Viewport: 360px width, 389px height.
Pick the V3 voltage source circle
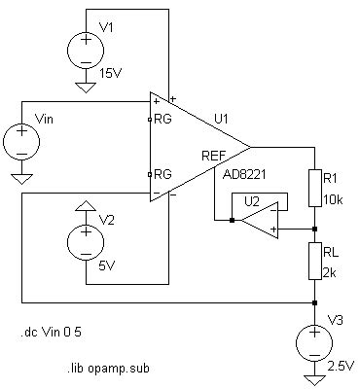point(315,342)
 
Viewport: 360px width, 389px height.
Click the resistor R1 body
point(315,188)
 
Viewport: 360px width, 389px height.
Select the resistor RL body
point(315,262)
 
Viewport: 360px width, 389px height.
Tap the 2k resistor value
point(330,272)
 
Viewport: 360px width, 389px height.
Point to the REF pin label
point(213,155)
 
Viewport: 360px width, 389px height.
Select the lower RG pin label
point(162,173)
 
